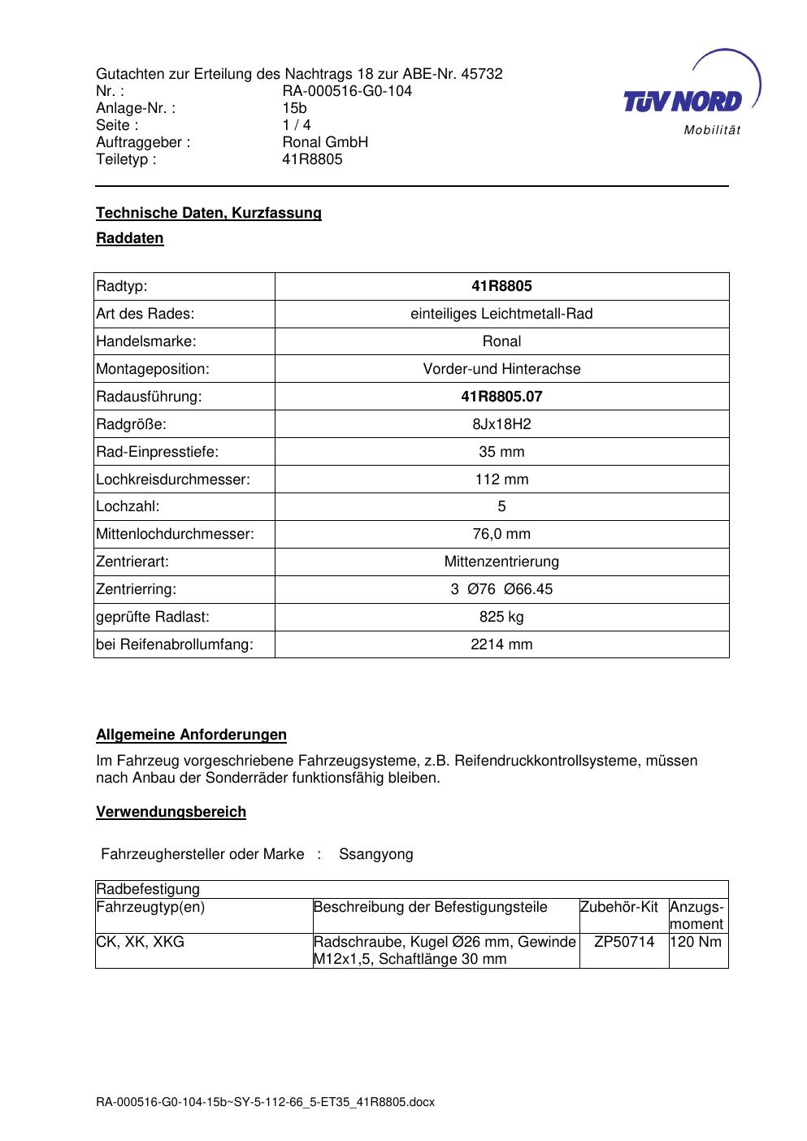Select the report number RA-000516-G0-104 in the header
[347, 91]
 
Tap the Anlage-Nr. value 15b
[294, 108]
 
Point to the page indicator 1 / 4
[297, 125]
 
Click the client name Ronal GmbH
[325, 142]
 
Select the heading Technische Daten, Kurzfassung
[209, 213]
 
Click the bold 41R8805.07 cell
[501, 397]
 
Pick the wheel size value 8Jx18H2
[501, 424]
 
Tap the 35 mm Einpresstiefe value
[501, 452]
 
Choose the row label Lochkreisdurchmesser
[173, 479]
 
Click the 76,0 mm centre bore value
[501, 534]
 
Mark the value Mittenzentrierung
[501, 562]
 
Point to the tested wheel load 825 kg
[501, 617]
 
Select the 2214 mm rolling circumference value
[501, 644]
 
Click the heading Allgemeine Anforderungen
[191, 735]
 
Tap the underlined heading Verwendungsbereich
[171, 812]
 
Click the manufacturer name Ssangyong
[376, 854]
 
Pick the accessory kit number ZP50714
[624, 942]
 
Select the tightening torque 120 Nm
[696, 942]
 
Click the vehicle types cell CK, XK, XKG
[141, 942]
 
